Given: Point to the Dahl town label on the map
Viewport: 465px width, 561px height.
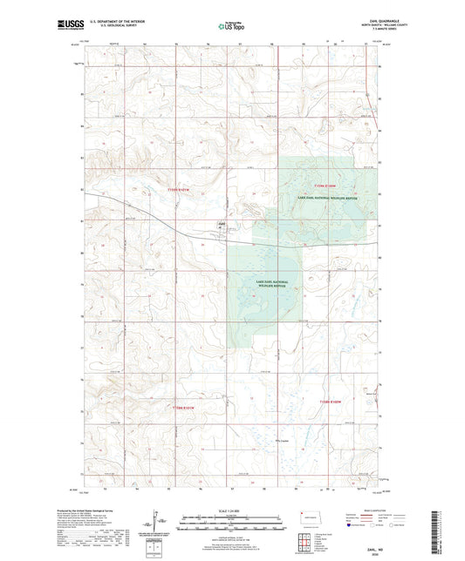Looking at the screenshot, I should tap(222, 225).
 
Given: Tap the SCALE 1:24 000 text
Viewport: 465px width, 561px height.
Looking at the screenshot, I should tap(232, 510).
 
